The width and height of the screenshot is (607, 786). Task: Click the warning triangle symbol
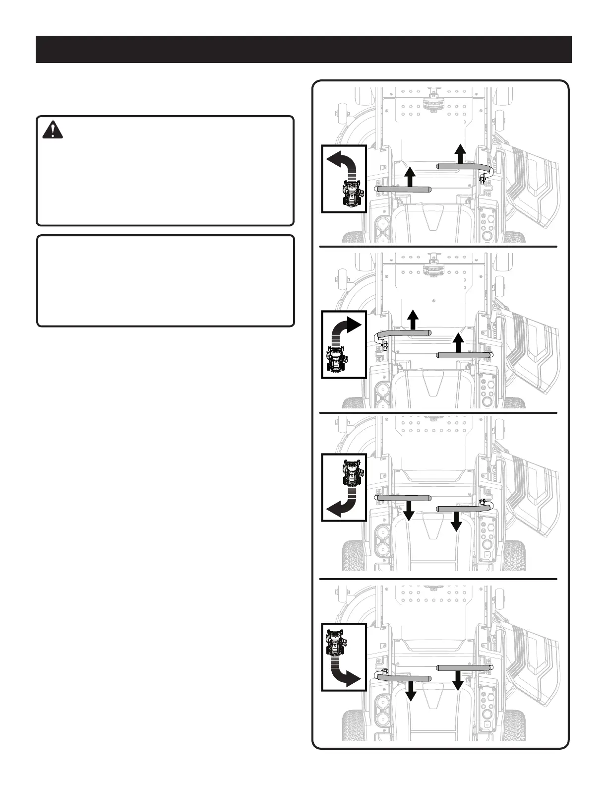[53, 130]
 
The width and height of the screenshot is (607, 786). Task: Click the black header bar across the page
[303, 50]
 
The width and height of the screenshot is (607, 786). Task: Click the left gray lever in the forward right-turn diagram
[403, 333]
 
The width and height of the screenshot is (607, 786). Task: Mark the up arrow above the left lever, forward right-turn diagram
[413, 320]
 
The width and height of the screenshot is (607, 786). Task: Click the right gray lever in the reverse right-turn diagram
[465, 668]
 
